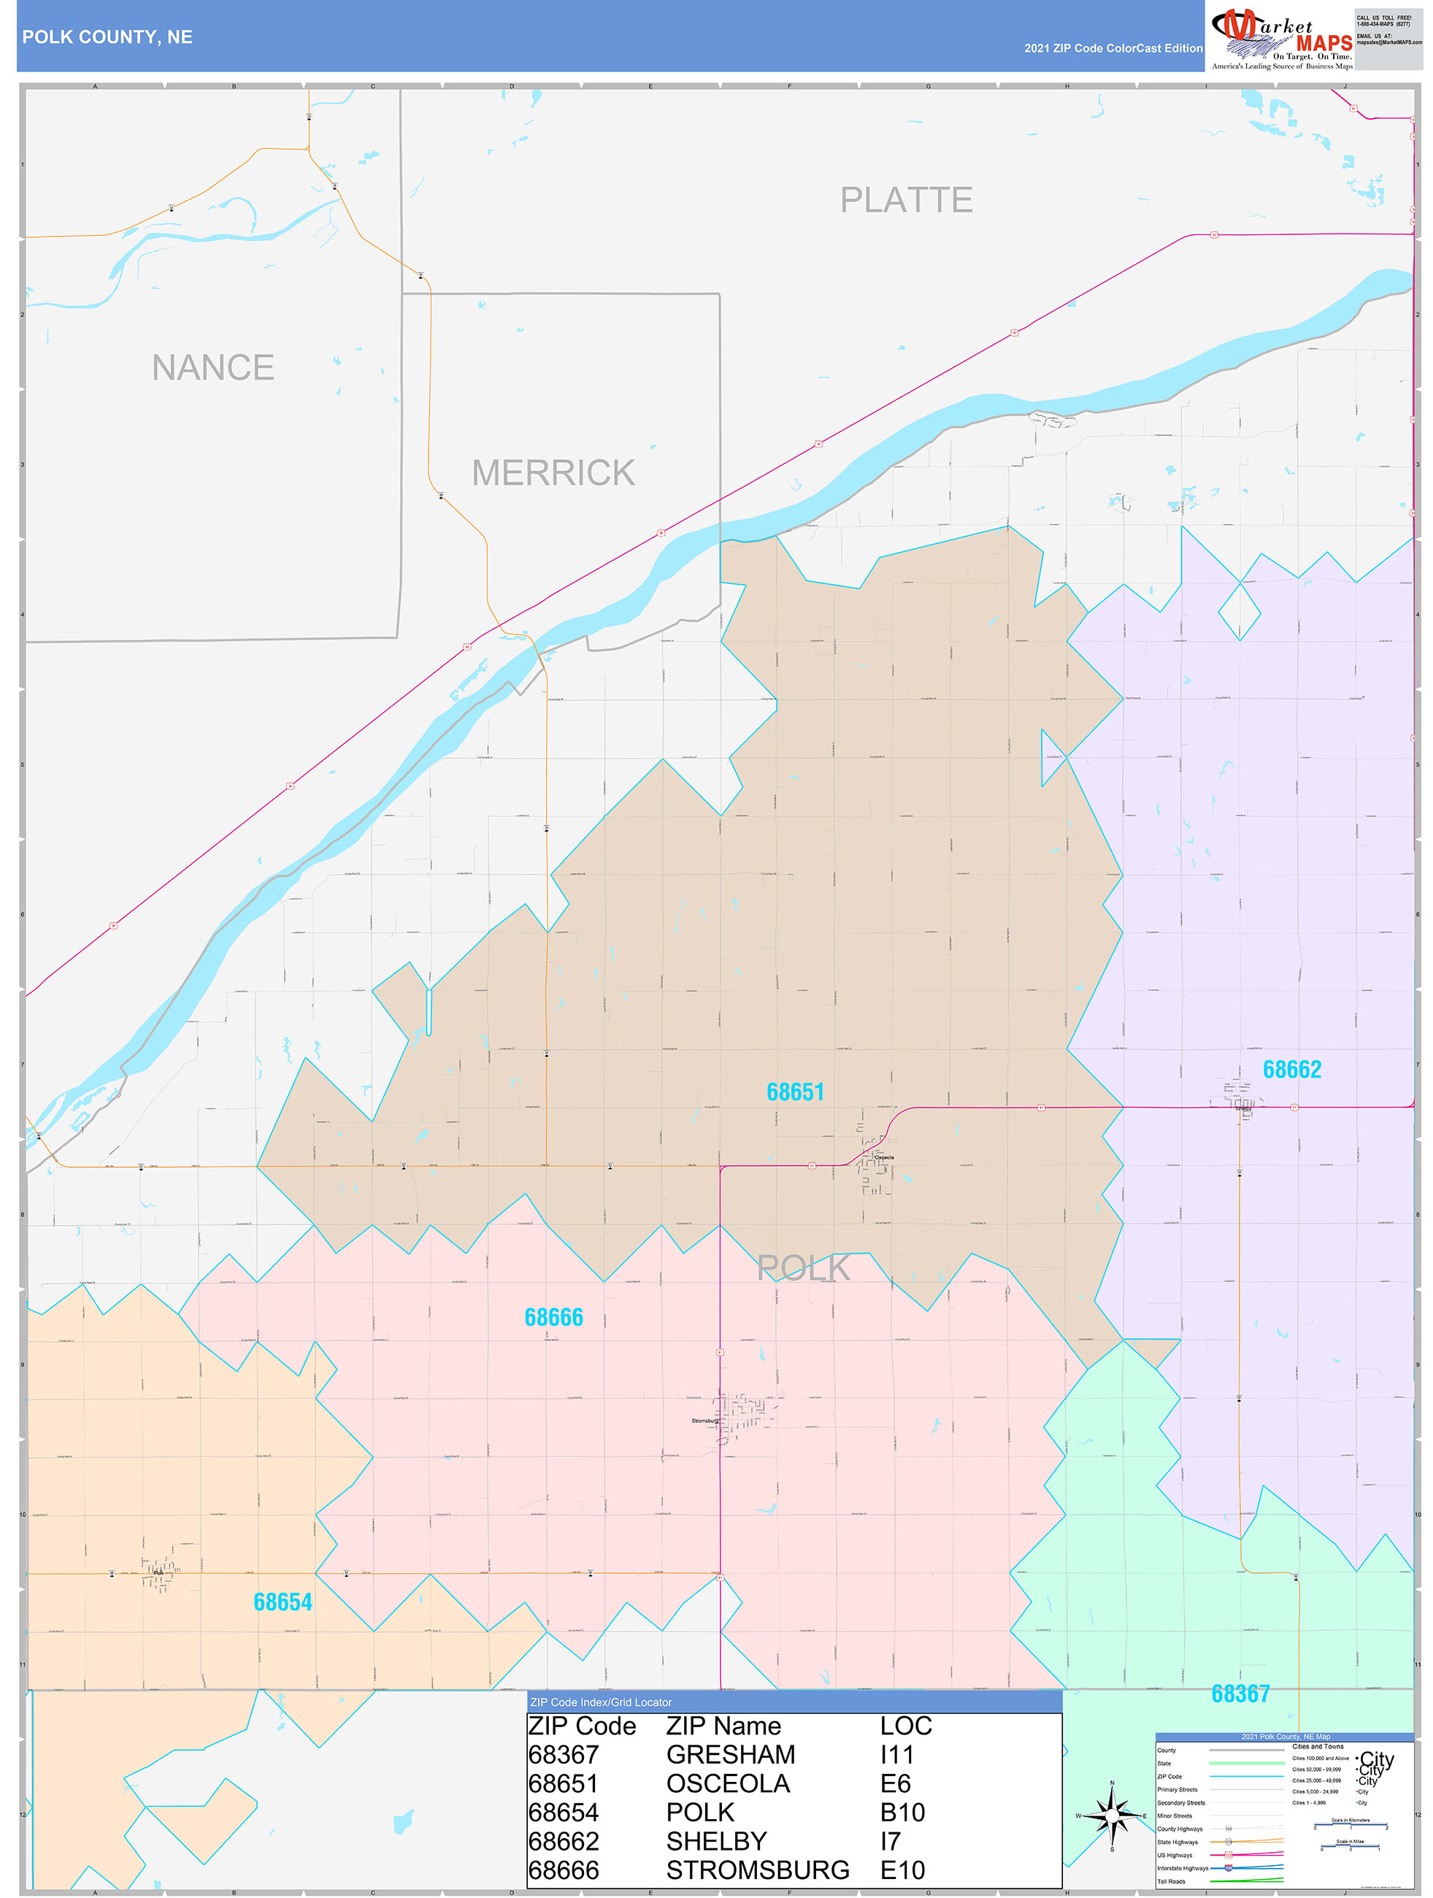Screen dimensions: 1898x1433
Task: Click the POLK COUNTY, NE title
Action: coord(107,37)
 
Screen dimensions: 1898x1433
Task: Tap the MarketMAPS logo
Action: coord(1281,39)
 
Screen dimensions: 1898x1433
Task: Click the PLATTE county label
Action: coord(905,200)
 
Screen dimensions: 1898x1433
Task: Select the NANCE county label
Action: coord(213,367)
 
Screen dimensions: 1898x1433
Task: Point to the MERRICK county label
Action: coord(553,473)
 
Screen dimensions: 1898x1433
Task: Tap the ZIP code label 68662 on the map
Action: coord(1291,1069)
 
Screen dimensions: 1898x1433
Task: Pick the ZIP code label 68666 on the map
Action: coord(553,1317)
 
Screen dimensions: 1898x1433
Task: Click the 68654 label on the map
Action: coord(283,1602)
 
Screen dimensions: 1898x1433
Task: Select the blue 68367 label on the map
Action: coord(1240,1694)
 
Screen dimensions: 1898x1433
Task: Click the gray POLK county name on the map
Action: coord(803,1268)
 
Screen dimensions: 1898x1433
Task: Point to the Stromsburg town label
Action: coord(704,1421)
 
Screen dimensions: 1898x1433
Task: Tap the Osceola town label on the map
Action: coord(884,1158)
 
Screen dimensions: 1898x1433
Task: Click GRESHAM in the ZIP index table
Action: coord(730,1755)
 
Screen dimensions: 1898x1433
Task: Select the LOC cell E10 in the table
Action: coord(903,1870)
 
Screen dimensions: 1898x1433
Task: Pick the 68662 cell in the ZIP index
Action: coord(563,1841)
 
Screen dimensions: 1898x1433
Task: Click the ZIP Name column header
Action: coord(723,1726)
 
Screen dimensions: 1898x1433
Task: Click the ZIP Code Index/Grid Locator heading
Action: coord(601,1702)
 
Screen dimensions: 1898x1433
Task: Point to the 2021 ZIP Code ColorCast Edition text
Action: coord(1113,48)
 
